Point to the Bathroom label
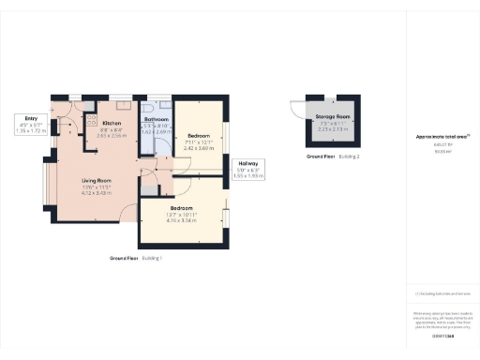[x=156, y=120]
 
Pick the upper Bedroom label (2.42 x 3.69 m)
[x=198, y=135]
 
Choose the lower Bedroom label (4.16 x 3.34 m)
[x=181, y=207]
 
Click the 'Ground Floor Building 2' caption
[x=333, y=156]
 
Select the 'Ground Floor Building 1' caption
[x=136, y=257]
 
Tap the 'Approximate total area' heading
[x=442, y=137]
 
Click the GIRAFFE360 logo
[x=442, y=336]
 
